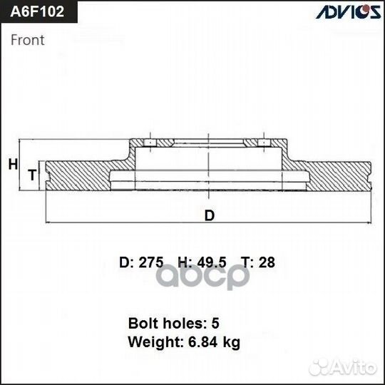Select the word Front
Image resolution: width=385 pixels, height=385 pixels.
[27, 40]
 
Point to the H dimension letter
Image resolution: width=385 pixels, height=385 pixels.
[12, 164]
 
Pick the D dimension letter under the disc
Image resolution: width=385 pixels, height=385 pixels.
[209, 215]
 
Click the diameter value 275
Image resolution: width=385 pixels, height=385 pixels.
[151, 262]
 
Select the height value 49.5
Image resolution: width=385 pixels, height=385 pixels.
[212, 262]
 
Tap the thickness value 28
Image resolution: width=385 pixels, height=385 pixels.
[267, 262]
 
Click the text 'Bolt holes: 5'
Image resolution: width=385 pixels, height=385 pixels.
[173, 322]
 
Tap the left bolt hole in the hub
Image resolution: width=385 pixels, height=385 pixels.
[150, 145]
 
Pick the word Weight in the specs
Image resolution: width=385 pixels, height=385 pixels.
[150, 342]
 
